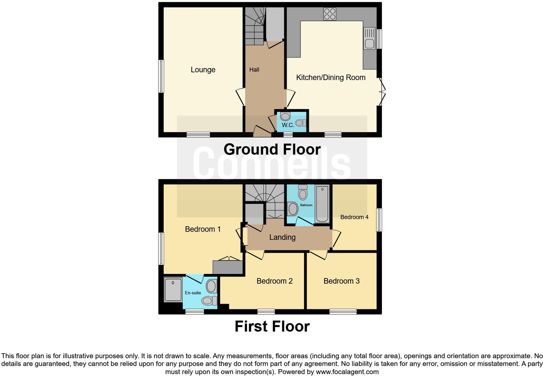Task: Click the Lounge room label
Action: pos(203,70)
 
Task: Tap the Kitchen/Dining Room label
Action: pos(331,77)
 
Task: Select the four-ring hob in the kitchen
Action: pos(330,14)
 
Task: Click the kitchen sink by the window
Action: pos(370,39)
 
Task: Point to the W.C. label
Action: pos(288,125)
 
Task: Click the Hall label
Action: pos(254,70)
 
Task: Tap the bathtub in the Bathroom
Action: pos(322,204)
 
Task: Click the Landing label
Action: pos(282,237)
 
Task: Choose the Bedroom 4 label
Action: pos(354,217)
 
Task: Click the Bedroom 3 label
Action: pos(341,281)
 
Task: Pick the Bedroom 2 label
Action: pos(274,281)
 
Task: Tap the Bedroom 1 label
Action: pos(203,229)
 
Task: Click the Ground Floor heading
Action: pos(272,149)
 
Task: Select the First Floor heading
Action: pos(272,326)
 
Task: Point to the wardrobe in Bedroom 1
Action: pos(228,267)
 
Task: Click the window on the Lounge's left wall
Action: pos(161,76)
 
